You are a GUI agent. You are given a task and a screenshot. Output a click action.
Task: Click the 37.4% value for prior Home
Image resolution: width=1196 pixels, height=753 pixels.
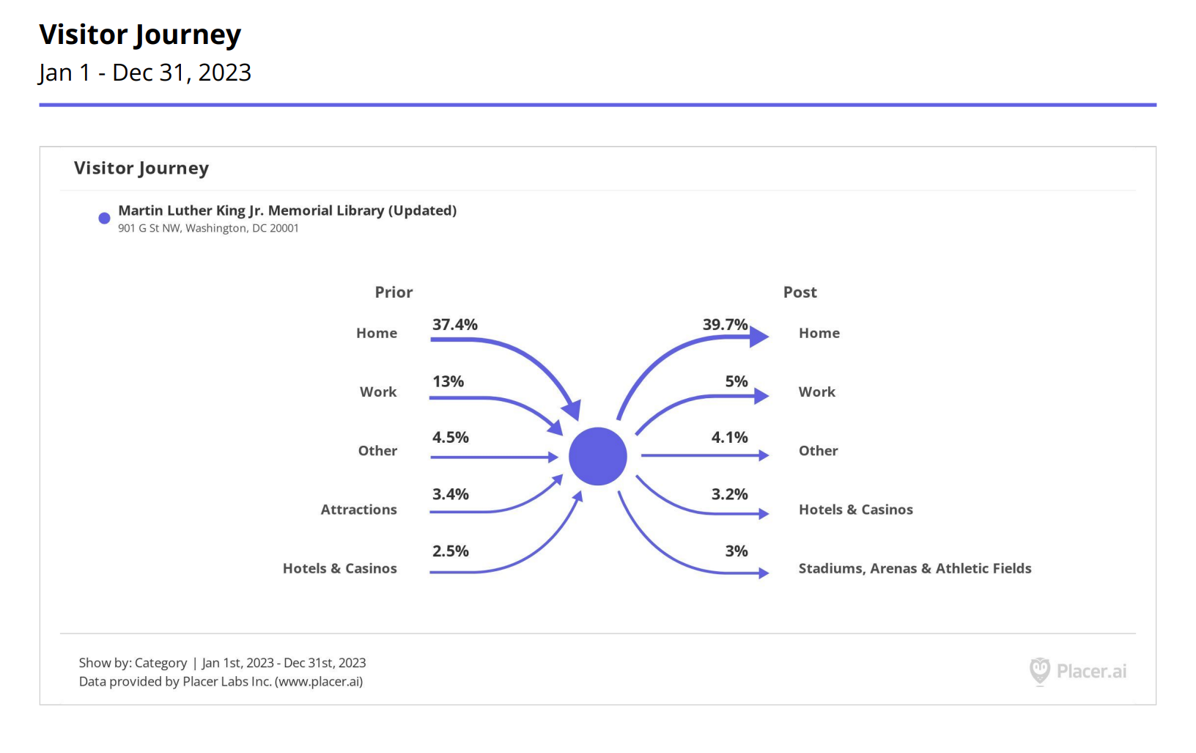click(454, 325)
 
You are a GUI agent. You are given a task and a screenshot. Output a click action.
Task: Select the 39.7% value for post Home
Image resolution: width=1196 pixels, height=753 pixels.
click(725, 325)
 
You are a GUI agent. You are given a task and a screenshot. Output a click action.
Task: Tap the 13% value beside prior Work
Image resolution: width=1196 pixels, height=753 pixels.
click(448, 382)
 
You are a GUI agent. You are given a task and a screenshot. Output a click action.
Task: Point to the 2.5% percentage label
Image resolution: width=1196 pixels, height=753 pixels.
click(450, 551)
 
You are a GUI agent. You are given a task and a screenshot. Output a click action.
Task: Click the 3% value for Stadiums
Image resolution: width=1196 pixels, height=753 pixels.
click(737, 551)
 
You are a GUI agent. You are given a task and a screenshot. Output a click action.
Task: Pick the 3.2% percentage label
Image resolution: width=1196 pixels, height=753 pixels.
click(729, 495)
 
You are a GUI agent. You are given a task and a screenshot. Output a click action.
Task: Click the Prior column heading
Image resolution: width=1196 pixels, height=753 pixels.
click(394, 293)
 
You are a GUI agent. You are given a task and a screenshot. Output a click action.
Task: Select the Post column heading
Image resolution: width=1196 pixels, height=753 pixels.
click(800, 293)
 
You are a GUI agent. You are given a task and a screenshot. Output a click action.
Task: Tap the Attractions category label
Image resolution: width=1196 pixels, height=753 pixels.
click(358, 510)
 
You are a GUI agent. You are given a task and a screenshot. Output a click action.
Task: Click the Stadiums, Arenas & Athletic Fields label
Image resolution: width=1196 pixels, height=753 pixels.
click(915, 569)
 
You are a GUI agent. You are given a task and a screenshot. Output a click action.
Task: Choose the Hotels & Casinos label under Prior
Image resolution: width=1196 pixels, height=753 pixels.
click(339, 569)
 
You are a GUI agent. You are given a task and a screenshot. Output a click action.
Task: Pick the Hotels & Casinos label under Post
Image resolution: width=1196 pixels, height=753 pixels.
click(855, 510)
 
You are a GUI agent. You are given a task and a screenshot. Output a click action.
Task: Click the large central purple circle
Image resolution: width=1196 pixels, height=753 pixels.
click(598, 456)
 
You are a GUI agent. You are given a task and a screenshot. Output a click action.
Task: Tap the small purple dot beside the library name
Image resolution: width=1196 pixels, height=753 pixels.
click(104, 218)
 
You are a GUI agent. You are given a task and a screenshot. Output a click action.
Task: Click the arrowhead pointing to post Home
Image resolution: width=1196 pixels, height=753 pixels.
click(759, 337)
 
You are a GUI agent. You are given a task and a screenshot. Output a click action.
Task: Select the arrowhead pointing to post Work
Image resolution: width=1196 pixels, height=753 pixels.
click(761, 396)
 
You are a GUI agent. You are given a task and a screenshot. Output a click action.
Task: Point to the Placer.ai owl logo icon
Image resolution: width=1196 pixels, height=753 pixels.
click(1039, 671)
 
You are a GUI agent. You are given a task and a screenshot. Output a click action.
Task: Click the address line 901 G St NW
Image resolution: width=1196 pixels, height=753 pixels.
click(208, 229)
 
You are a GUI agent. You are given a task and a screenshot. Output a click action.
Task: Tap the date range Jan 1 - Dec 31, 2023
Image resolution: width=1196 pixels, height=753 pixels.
click(145, 73)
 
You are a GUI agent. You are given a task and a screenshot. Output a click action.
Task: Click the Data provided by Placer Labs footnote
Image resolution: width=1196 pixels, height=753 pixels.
click(221, 682)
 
